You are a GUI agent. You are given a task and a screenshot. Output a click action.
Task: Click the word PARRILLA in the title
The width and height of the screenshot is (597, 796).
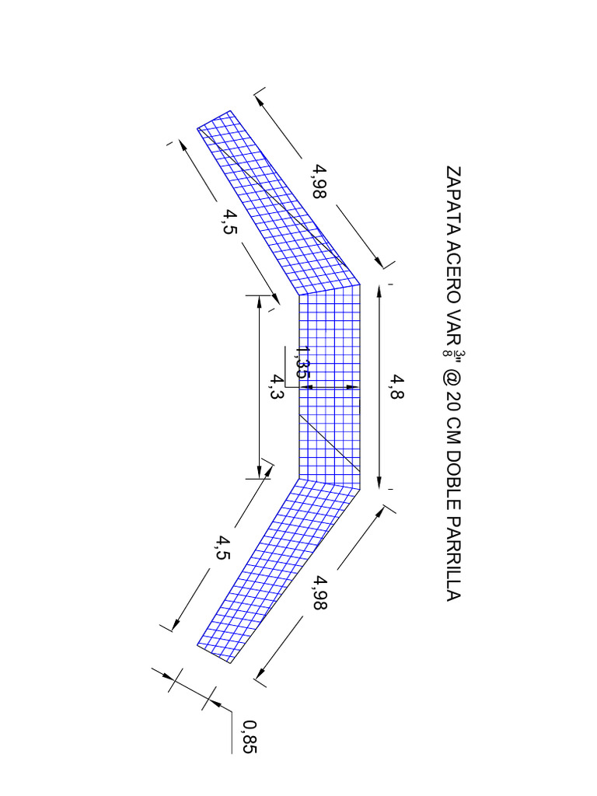pos(453,559)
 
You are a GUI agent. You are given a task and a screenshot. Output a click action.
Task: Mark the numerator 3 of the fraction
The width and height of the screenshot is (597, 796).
pos(460,354)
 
